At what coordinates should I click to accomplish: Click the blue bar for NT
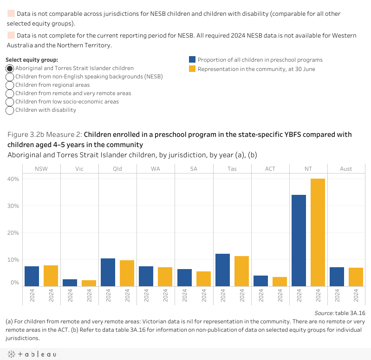coord(299,240)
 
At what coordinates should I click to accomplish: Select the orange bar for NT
coord(318,232)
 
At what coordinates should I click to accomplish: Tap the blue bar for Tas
coord(223,270)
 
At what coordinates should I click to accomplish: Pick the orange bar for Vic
coord(89,283)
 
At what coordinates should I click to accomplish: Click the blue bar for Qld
coord(108,272)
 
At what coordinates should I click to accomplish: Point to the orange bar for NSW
coord(51,276)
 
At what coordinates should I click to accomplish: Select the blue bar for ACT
coord(261,281)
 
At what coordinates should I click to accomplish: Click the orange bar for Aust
coord(356,277)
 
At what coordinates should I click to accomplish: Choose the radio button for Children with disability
coord(10,110)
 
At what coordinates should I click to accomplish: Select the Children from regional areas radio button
coord(10,85)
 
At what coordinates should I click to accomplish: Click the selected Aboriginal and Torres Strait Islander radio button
coord(10,69)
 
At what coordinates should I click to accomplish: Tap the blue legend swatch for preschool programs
coord(192,59)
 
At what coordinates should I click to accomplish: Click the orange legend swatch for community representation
coord(192,69)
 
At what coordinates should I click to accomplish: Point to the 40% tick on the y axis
coord(13,179)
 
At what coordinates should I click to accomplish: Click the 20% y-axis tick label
coord(13,233)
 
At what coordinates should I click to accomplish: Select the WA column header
coord(156,169)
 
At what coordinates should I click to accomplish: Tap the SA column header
coord(194,169)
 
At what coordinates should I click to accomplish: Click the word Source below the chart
coord(324,313)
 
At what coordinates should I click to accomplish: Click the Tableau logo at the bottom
coord(32,354)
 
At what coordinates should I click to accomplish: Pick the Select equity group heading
coord(32,60)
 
